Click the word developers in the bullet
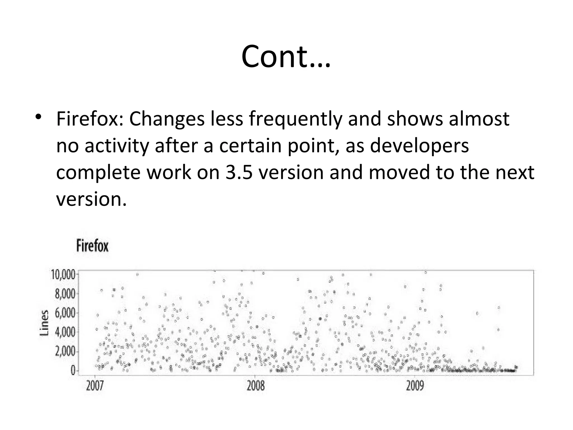[x=419, y=146]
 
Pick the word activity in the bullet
[x=116, y=146]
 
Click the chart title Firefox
[x=92, y=246]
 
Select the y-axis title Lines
[x=44, y=323]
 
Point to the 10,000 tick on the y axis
[x=63, y=275]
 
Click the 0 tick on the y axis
[x=73, y=371]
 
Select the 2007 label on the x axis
[x=95, y=386]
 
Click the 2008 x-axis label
[x=255, y=386]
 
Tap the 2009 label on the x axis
[x=415, y=386]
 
